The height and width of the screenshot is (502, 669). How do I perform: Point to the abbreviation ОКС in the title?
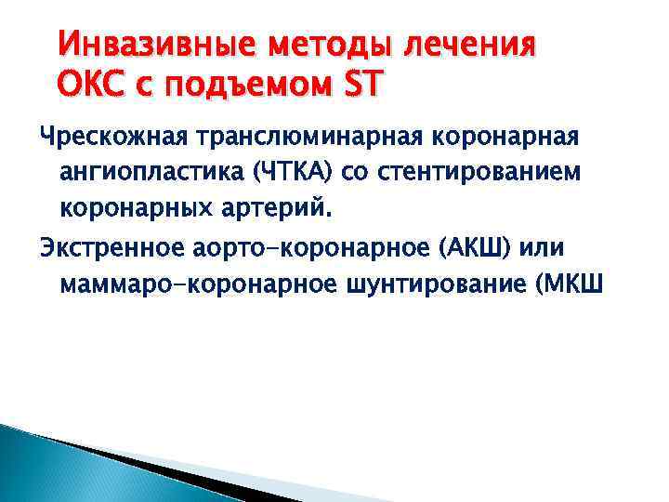click(90, 87)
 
